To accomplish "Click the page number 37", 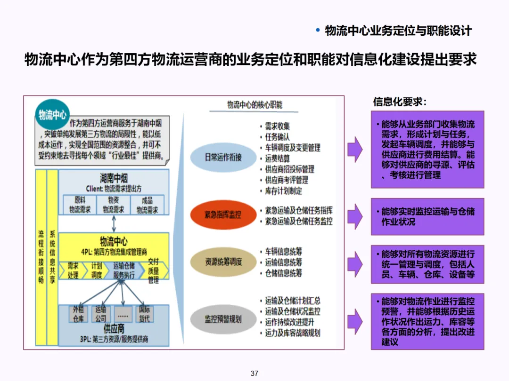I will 254,373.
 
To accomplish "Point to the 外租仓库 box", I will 78,314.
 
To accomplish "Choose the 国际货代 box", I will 144,314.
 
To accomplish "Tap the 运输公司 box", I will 101,314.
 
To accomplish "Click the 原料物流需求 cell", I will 80,205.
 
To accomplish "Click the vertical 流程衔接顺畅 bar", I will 41,257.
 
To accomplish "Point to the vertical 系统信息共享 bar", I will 52,257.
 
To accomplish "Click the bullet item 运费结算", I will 277,159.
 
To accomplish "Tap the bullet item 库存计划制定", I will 283,191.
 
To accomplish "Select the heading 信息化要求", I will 400,102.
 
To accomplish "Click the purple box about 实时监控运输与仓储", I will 427,217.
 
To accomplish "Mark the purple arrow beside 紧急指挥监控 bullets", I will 355,216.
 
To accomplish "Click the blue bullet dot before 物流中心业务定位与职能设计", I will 318,31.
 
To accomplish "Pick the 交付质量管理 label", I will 154,270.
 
